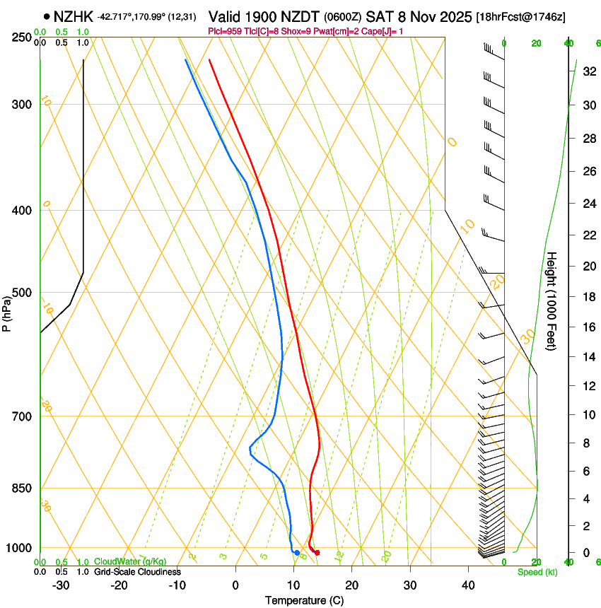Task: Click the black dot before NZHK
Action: (x=47, y=16)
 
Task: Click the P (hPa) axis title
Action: (x=6, y=310)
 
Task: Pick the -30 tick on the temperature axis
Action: (x=61, y=585)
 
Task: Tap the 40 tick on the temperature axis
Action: (x=467, y=585)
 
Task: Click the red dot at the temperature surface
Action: (x=317, y=553)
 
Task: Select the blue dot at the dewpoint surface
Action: (x=297, y=553)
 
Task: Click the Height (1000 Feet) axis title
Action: (x=552, y=300)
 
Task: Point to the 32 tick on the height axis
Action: (x=588, y=71)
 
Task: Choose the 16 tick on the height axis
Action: (x=588, y=327)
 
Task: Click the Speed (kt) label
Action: (x=537, y=572)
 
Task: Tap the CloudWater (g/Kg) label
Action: (x=130, y=562)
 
